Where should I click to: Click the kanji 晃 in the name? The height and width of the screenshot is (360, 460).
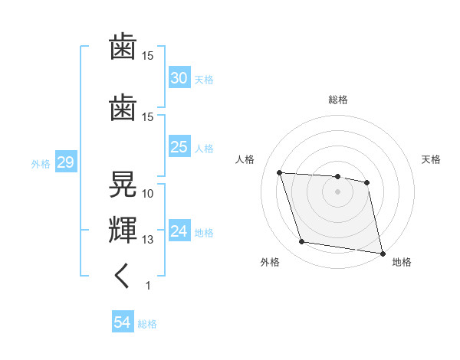(123, 185)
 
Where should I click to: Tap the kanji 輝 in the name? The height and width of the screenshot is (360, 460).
(123, 229)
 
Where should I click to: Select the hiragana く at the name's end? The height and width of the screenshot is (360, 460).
(123, 276)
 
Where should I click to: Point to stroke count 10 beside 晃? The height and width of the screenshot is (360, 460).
(148, 193)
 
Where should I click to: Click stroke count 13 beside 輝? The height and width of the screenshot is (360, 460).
(148, 240)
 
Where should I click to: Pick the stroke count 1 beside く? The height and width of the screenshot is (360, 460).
(148, 286)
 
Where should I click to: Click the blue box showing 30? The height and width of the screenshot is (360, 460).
(179, 78)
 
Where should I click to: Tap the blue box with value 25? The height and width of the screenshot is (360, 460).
(179, 147)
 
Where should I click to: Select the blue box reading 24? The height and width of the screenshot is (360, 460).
(179, 231)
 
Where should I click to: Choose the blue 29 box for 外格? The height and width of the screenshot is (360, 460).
(65, 163)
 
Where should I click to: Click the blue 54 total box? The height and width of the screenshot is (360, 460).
(123, 322)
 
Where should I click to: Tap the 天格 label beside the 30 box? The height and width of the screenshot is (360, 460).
(204, 80)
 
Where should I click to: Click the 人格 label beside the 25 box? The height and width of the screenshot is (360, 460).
(204, 149)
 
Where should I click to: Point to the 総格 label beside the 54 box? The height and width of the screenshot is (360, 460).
(147, 324)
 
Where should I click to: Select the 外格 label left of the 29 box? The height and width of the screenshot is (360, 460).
(41, 164)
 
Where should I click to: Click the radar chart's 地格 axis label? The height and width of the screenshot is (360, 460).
(402, 263)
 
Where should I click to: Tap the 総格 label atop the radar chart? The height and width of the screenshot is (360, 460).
(338, 100)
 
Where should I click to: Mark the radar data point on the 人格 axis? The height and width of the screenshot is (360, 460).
(280, 172)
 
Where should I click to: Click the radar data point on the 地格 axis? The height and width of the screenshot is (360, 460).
(382, 253)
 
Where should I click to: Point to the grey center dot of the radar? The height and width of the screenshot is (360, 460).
(337, 191)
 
